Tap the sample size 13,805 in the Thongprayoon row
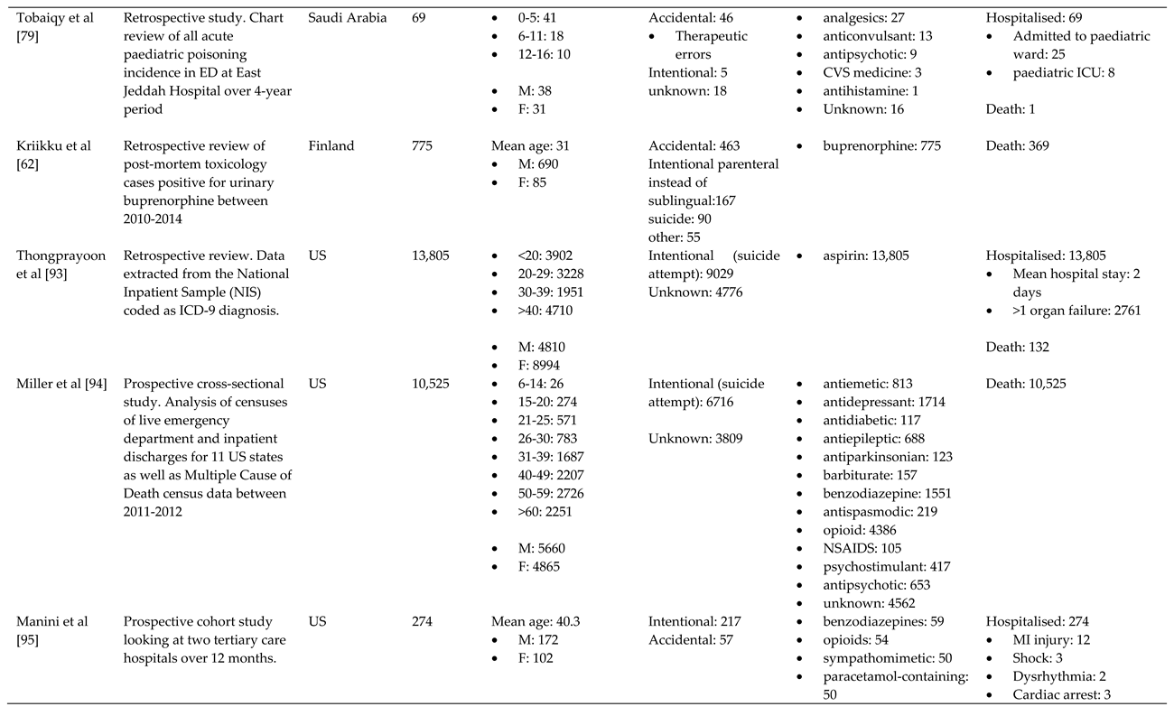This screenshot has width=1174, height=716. pyautogui.click(x=431, y=256)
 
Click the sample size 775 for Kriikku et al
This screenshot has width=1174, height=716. pyautogui.click(x=423, y=146)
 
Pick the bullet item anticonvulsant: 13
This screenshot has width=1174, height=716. pyautogui.click(x=877, y=36)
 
